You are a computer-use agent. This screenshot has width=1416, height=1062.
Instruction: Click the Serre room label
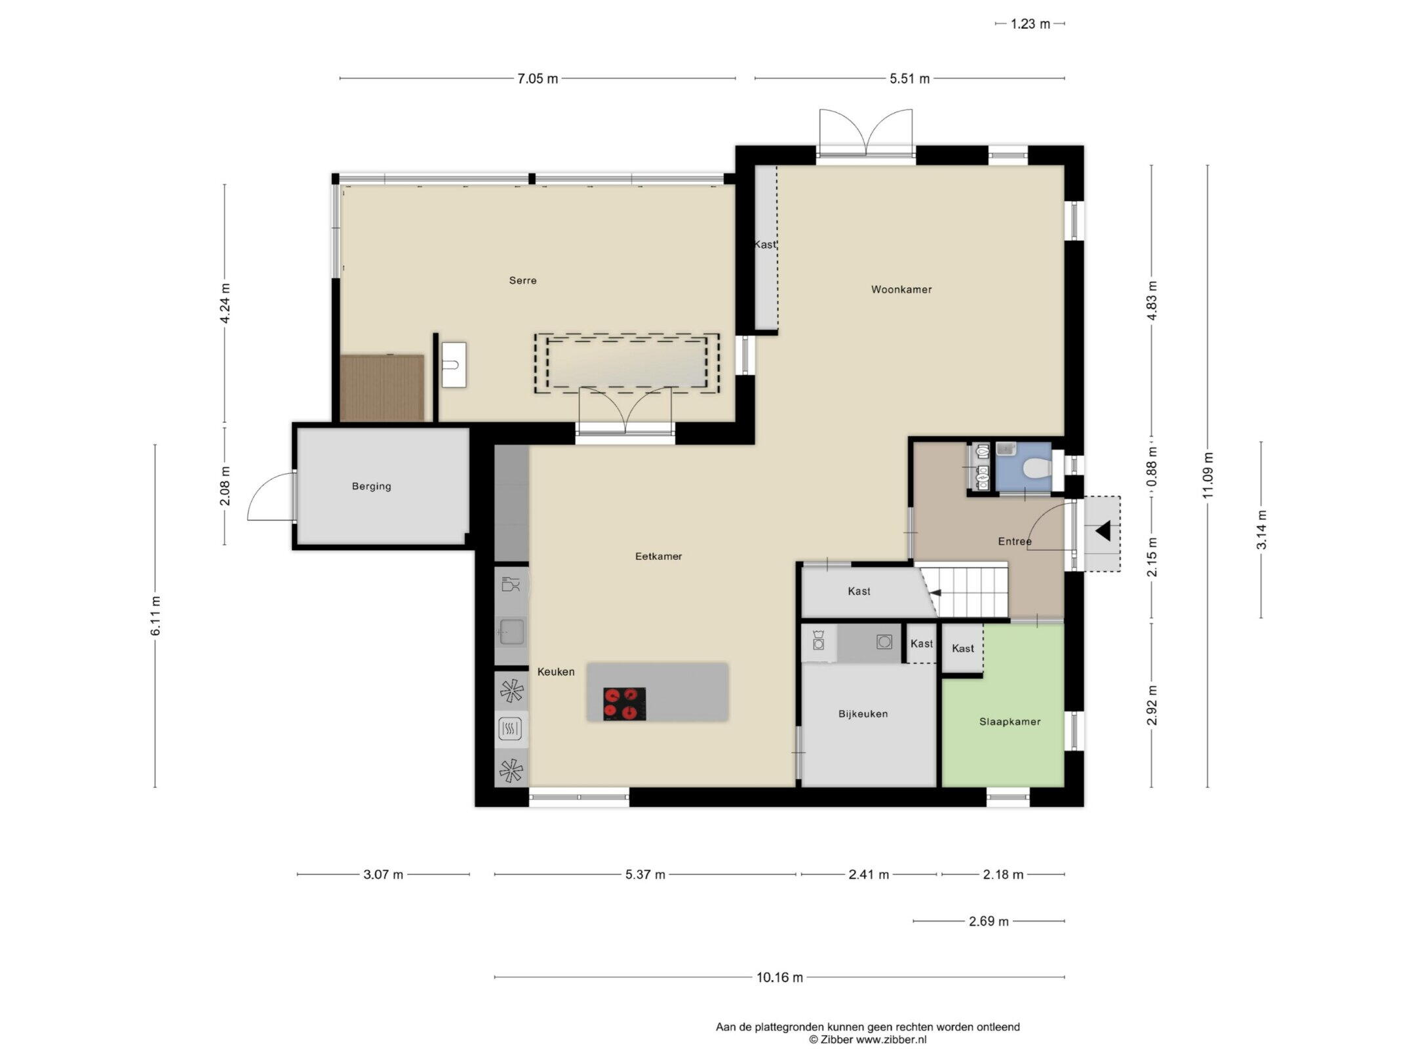[522, 281]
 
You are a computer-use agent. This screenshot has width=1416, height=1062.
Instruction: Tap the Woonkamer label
[901, 289]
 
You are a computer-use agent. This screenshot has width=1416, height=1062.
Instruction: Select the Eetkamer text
[658, 556]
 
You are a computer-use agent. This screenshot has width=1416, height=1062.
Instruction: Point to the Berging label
[371, 486]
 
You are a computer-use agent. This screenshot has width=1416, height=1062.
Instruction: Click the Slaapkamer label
[1010, 722]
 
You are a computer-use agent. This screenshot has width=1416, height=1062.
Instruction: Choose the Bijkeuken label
[863, 714]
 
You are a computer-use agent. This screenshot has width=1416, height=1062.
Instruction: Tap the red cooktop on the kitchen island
[624, 703]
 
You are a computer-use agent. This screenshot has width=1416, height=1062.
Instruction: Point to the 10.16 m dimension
[779, 996]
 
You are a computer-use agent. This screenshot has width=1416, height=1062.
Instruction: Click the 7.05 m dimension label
[538, 79]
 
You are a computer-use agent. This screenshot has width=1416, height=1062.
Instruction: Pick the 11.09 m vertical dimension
[1208, 475]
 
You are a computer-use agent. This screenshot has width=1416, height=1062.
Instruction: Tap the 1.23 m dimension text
[1030, 24]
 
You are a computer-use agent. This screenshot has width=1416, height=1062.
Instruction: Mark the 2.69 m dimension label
[989, 921]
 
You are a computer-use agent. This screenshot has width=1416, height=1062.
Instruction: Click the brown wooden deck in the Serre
[382, 387]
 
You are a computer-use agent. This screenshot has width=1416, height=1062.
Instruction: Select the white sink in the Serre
[454, 364]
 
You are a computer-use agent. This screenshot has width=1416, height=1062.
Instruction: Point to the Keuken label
[556, 671]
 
